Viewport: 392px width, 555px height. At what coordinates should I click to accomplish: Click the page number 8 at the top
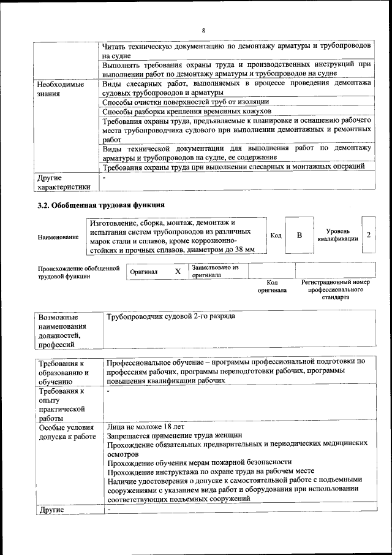coord(203,30)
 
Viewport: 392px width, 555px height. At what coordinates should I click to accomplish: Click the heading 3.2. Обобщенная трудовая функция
coord(101,205)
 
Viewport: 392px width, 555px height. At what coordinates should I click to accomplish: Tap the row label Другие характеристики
coord(64,182)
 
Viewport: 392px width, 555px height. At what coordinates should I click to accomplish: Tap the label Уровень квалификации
coord(338,235)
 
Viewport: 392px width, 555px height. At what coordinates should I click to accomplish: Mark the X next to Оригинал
coord(178,271)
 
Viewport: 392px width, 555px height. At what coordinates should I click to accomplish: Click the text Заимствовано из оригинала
coord(214,272)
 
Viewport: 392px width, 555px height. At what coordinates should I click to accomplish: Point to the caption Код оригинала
coord(272,286)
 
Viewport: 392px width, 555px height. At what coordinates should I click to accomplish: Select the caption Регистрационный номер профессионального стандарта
coord(335,289)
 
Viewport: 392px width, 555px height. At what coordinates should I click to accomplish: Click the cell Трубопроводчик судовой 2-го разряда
coord(171,317)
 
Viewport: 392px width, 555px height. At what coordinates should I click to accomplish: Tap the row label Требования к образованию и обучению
coord(64,372)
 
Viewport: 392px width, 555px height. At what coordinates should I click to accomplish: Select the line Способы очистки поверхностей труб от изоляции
coord(185,102)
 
